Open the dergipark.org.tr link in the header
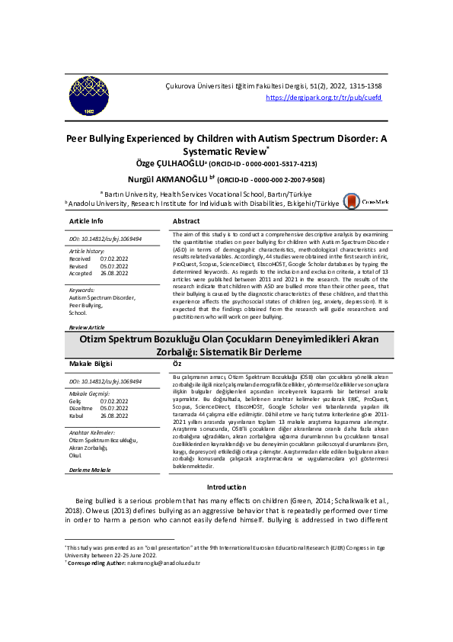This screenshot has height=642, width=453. point(324,98)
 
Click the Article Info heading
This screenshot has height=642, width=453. point(86,221)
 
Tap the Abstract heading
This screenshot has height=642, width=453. point(187,221)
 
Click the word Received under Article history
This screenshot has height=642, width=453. point(80,258)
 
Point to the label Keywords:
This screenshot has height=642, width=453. point(81,291)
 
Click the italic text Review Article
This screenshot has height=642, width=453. point(87,327)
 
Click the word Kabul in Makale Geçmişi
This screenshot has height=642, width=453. point(76,416)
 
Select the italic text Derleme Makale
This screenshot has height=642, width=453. point(90,470)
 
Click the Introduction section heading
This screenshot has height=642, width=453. point(227,486)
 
